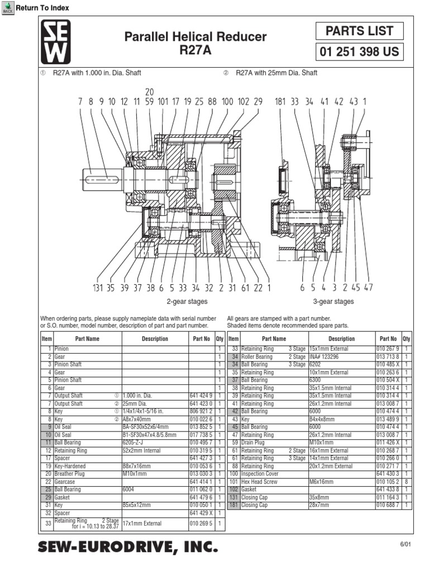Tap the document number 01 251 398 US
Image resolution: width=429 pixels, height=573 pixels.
tap(360, 53)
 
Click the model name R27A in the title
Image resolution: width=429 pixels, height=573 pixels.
tap(195, 50)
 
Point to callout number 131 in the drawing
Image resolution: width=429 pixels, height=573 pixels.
tap(98, 288)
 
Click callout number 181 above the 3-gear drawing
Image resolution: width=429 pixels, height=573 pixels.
tap(280, 102)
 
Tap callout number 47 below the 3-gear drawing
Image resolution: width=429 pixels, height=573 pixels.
tap(368, 288)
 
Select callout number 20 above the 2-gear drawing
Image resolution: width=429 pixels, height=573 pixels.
tap(150, 92)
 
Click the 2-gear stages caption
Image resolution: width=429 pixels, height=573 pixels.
tap(187, 302)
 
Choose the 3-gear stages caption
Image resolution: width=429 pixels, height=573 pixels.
tap(333, 302)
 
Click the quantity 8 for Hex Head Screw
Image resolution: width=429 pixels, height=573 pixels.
tap(407, 482)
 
